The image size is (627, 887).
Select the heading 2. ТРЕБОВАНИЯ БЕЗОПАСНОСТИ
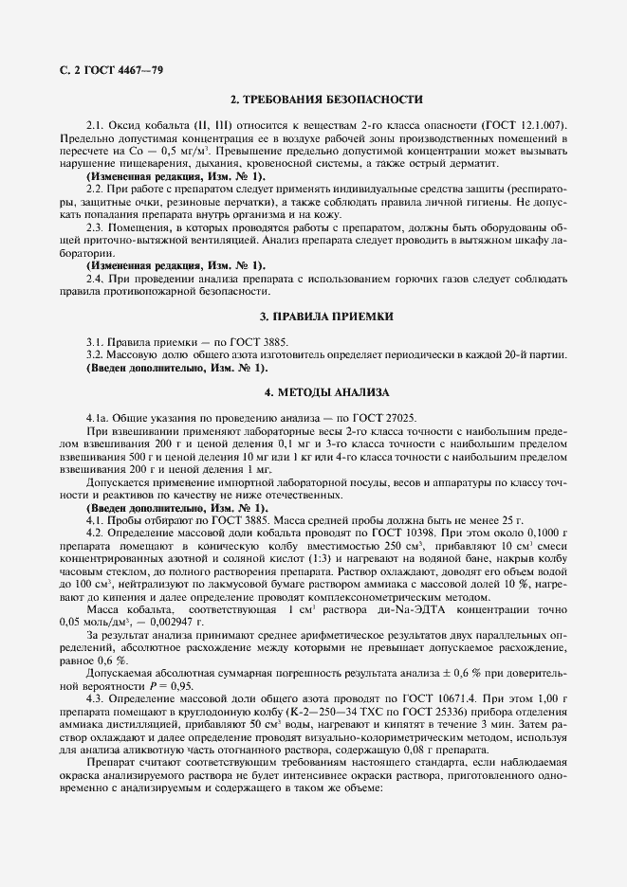coord(313,100)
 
